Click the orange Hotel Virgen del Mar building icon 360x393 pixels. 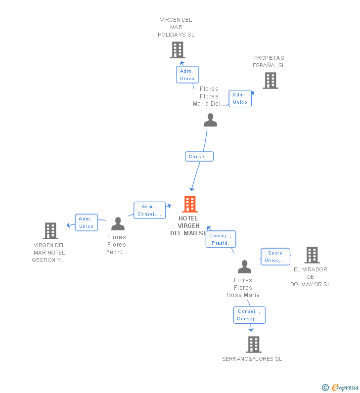[190, 204]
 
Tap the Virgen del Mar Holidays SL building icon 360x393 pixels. [178, 50]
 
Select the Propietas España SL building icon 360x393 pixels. [270, 81]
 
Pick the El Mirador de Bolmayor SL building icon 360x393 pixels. [312, 255]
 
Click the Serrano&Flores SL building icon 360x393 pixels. [253, 344]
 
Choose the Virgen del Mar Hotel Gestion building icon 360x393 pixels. [50, 231]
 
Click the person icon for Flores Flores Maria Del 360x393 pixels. [210, 120]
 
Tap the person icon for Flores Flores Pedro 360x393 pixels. [118, 224]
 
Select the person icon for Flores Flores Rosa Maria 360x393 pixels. [244, 267]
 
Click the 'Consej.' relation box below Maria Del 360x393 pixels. [199, 156]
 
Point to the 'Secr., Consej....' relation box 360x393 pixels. [149, 210]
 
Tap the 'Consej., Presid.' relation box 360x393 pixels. [221, 239]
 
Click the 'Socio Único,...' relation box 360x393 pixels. [275, 257]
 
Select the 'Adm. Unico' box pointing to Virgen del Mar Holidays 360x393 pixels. [187, 75]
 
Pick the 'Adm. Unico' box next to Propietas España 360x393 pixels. [240, 98]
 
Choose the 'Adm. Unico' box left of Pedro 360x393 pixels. [86, 222]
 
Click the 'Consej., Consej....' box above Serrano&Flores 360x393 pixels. [249, 315]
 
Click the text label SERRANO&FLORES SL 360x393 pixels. [252, 359]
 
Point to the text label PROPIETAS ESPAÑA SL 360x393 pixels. [269, 62]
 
